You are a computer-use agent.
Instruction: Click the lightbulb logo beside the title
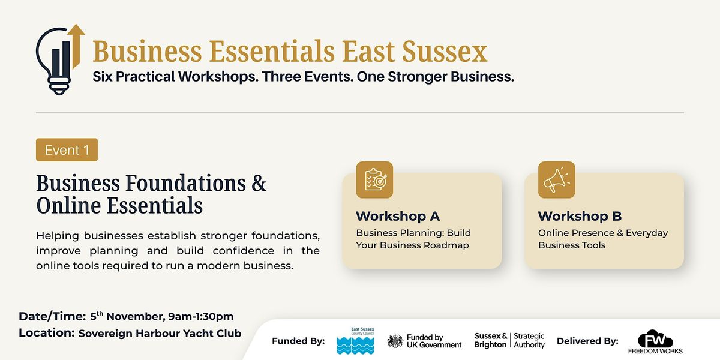coord(60,60)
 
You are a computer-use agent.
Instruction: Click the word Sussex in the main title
coord(445,52)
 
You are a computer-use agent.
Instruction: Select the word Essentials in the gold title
coord(272,52)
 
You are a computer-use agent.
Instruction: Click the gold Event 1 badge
coord(67,150)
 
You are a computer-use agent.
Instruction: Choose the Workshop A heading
coord(398,217)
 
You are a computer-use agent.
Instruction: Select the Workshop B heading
coord(580,217)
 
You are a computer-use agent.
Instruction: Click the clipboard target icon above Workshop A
coord(374,179)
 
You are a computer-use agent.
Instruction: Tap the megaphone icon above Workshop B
coord(557,179)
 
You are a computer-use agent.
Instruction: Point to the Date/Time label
coord(52,317)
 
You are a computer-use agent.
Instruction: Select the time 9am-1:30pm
coord(201,317)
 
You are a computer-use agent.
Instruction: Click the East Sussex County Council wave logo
coord(355,341)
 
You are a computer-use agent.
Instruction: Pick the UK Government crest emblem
coord(395,341)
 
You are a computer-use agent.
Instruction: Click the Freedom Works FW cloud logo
coord(655,341)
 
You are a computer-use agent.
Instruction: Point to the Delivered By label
coord(587,341)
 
